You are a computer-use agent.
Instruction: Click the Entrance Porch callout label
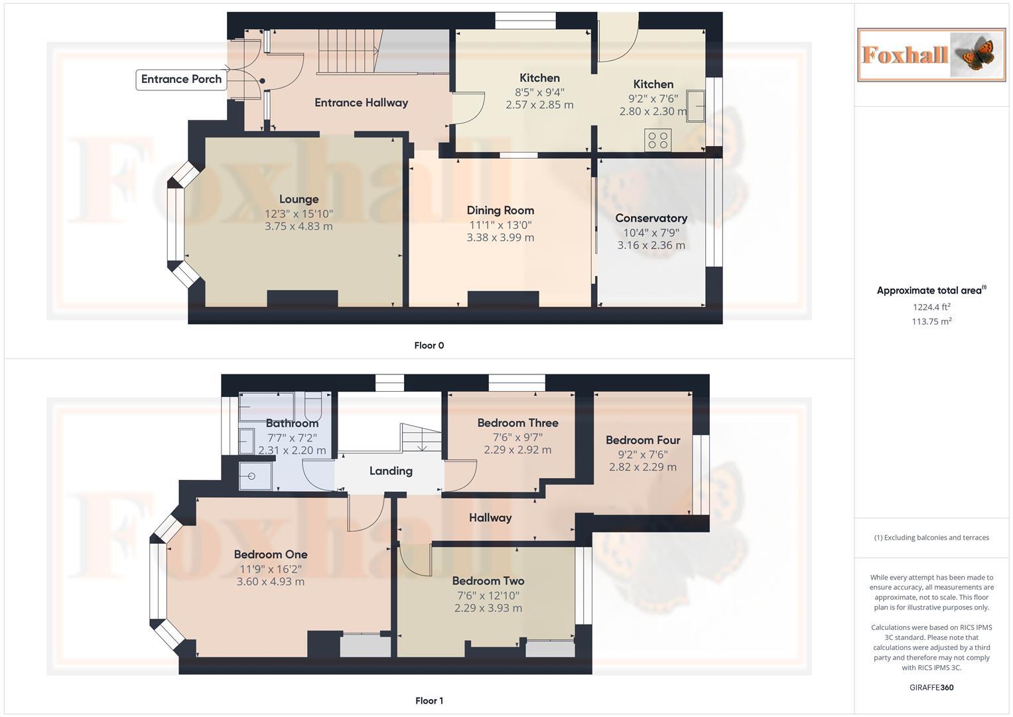[181, 79]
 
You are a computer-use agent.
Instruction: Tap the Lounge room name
[299, 199]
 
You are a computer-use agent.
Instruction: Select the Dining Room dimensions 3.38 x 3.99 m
[500, 238]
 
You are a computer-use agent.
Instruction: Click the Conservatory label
[651, 218]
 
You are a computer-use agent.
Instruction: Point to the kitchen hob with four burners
[658, 139]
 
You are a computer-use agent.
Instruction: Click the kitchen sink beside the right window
[695, 106]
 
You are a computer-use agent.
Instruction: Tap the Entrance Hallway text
[361, 102]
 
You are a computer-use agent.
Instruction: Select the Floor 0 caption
[429, 345]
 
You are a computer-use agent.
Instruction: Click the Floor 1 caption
[429, 700]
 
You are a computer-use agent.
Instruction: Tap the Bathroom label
[292, 423]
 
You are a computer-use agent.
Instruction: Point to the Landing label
[391, 471]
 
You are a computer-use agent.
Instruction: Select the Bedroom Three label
[517, 423]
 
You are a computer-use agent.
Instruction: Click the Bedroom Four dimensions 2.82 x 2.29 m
[642, 467]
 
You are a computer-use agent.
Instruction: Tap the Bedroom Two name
[488, 581]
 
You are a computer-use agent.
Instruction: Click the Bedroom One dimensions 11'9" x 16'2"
[271, 569]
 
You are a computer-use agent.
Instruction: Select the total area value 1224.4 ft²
[931, 307]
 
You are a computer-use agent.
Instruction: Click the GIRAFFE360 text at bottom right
[931, 687]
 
